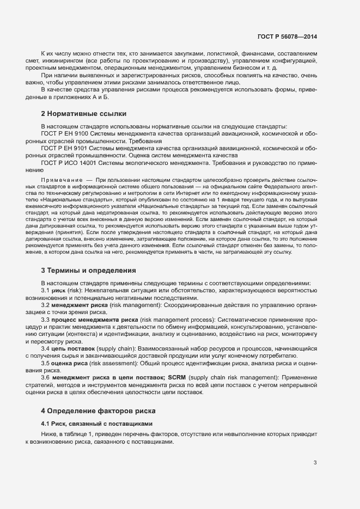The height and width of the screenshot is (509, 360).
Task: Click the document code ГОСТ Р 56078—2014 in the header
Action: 286,36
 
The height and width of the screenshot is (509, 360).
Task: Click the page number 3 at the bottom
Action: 315,463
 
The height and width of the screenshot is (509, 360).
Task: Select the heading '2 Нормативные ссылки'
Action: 84,114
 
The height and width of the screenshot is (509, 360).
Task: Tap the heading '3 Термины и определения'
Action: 88,270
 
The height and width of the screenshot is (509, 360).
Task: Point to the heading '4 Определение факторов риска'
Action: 98,410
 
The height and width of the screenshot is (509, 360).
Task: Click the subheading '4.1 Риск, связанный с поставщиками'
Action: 97,424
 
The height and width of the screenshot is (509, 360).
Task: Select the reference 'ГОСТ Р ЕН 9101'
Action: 64,148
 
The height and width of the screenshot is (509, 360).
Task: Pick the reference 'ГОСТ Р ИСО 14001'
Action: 68,163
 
